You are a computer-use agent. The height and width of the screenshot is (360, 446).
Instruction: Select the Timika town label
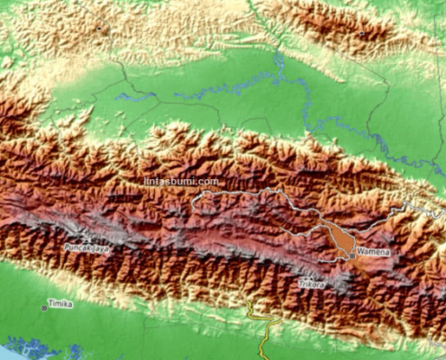tap(60, 304)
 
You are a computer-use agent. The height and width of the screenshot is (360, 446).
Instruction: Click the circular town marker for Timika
tap(44, 307)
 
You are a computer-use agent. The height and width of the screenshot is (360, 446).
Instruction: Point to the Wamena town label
tap(373, 253)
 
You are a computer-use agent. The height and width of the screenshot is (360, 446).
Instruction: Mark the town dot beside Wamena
tap(352, 256)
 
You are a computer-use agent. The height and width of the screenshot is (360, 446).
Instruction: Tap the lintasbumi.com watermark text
tap(181, 181)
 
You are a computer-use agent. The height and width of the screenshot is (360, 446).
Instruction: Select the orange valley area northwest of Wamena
tap(338, 238)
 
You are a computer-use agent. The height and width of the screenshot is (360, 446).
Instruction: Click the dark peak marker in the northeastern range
tap(361, 34)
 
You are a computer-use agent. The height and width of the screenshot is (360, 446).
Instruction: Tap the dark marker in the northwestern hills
tap(102, 30)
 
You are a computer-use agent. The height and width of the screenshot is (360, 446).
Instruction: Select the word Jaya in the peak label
tap(102, 246)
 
